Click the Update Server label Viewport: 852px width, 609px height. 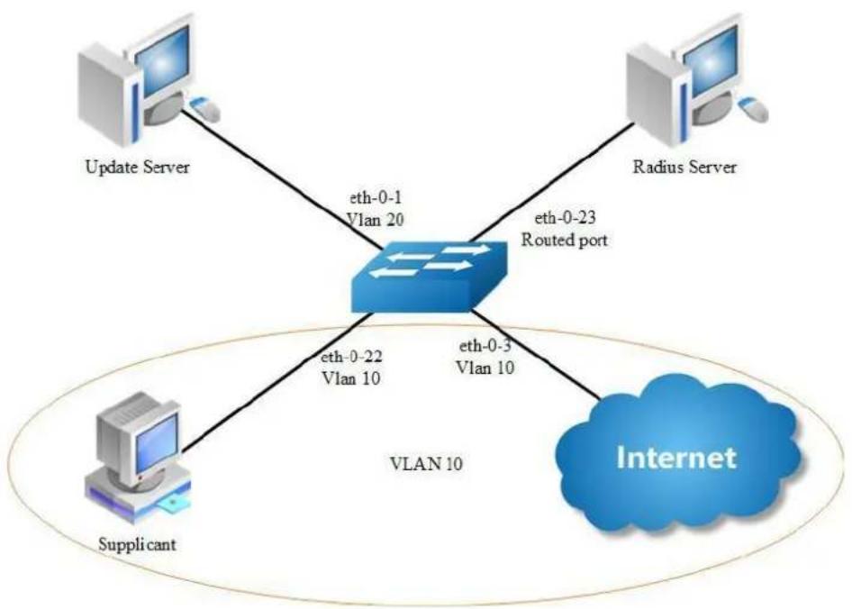tap(138, 167)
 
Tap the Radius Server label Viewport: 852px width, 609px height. tap(684, 167)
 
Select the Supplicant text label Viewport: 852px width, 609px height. tap(138, 544)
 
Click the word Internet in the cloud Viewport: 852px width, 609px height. tap(676, 458)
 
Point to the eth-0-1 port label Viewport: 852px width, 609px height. tap(376, 198)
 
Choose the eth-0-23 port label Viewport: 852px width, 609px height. tap(565, 218)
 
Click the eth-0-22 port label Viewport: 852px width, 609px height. tap(351, 358)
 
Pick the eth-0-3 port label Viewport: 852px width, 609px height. tap(485, 346)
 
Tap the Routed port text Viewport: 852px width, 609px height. tap(565, 240)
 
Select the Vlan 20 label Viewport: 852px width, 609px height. tap(376, 220)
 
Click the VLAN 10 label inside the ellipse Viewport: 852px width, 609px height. tap(427, 464)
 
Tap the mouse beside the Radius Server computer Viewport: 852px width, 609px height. tap(754, 109)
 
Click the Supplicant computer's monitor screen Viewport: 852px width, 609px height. tap(157, 442)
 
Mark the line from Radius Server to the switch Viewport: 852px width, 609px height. tap(551, 183)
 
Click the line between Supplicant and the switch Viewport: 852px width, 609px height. tap(275, 382)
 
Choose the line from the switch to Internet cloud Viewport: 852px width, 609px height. tap(536, 356)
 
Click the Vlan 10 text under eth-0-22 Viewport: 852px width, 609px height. tap(351, 378)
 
